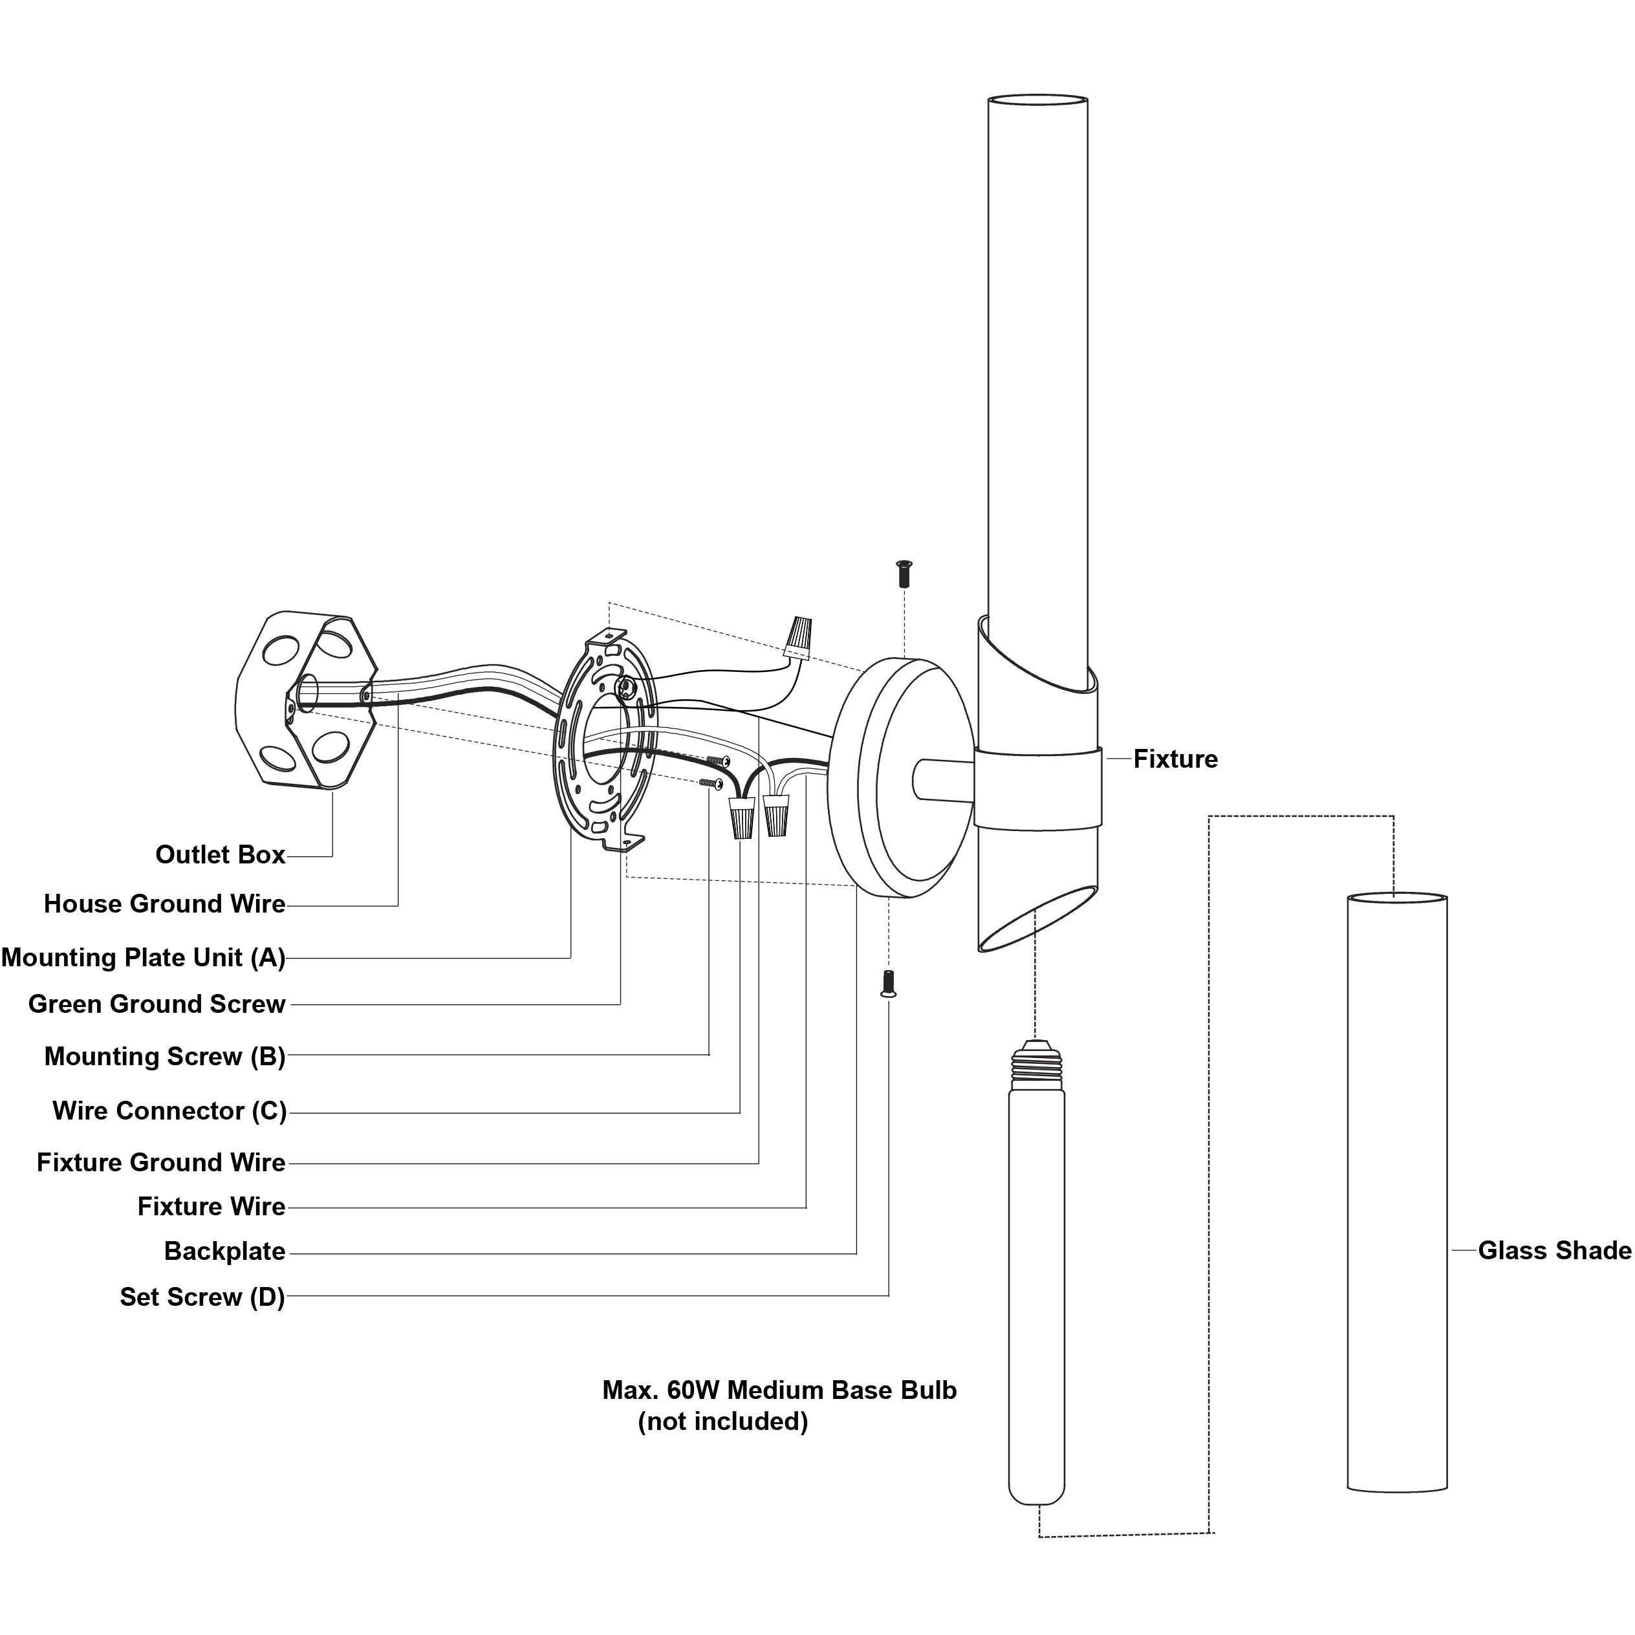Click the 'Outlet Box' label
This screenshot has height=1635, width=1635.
220,855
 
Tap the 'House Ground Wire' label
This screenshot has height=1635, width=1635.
164,904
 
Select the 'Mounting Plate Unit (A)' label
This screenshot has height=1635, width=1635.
143,957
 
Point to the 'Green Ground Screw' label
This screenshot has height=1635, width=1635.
157,1004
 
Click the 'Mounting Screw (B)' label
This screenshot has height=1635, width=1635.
164,1057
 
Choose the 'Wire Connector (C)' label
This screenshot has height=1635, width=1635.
169,1111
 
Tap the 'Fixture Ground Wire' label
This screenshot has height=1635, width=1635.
161,1163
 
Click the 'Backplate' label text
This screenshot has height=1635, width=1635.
224,1251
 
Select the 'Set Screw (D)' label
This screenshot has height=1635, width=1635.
202,1297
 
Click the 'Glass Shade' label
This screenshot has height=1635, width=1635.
1554,1251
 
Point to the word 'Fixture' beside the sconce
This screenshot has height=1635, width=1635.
1175,759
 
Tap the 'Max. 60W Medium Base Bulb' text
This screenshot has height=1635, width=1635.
779,1391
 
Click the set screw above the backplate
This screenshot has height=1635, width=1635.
904,574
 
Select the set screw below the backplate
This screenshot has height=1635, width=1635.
888,983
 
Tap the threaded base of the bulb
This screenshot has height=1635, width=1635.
1037,1065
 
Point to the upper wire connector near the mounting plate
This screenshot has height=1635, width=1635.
798,636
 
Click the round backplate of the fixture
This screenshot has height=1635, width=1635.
897,777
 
